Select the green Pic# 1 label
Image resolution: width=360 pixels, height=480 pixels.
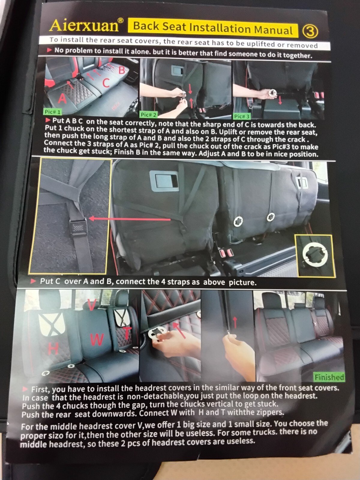coord(52,112)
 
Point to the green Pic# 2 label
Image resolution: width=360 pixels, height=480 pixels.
coord(148,115)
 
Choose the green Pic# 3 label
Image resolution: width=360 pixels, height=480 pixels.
coord(241,116)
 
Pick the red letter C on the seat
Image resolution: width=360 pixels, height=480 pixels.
coord(106,83)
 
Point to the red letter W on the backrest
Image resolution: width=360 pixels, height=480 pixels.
coord(97,340)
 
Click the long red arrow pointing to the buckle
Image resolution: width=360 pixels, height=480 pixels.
coord(130,219)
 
